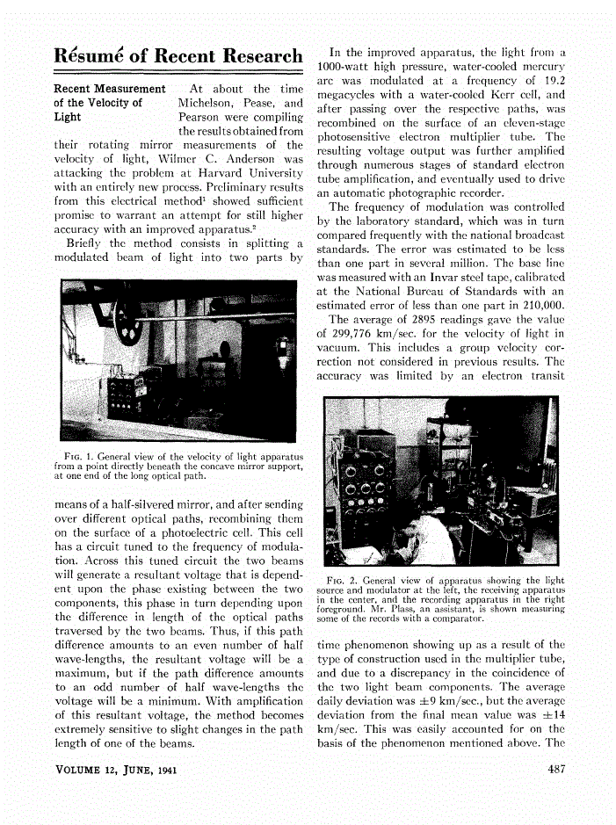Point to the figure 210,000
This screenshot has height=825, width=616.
[540, 306]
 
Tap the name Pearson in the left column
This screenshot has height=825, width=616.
[203, 117]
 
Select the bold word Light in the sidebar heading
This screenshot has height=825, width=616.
[68, 117]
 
